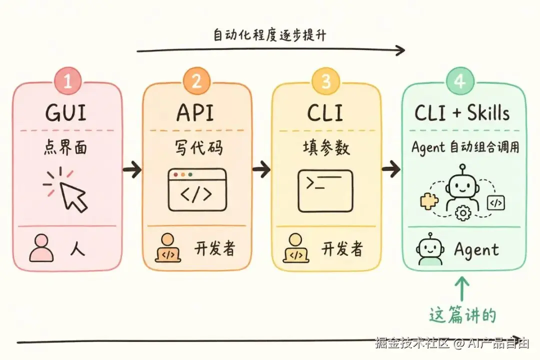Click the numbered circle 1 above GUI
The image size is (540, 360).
[x=67, y=81]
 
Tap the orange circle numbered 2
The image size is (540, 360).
[x=196, y=81]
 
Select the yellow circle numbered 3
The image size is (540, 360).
[x=326, y=81]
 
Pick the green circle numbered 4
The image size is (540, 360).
[x=460, y=81]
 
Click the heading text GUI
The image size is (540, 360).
[x=65, y=112]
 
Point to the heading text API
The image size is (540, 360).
[x=195, y=112]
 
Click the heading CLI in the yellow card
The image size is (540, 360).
[x=325, y=112]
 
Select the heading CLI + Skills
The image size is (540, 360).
[x=462, y=112]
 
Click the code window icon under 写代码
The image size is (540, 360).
[x=197, y=190]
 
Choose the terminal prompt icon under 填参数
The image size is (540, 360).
[x=325, y=191]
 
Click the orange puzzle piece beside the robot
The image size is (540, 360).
[x=429, y=201]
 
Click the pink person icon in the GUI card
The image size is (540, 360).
[x=41, y=248]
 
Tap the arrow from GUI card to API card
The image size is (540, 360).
[x=132, y=169]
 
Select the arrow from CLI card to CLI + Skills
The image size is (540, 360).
[x=391, y=169]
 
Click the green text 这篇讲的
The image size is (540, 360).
[x=462, y=315]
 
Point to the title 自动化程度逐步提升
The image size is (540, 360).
[x=269, y=35]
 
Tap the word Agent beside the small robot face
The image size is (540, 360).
[x=476, y=250]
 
